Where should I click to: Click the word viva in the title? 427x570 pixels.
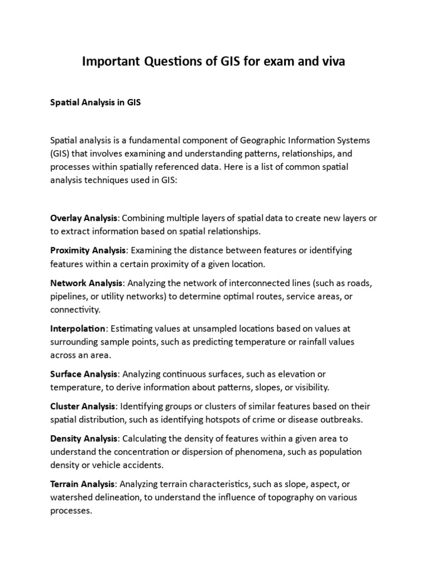(x=332, y=62)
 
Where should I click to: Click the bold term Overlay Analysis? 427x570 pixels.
(x=84, y=218)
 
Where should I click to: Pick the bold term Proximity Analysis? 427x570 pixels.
(x=88, y=250)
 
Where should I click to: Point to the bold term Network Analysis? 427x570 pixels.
(x=85, y=283)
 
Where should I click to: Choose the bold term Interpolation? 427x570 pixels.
(x=77, y=328)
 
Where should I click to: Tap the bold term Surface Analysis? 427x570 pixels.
(x=83, y=374)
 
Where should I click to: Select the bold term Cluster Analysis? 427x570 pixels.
(x=83, y=406)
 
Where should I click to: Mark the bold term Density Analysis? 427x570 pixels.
(x=83, y=439)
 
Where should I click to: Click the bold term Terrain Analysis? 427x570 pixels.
(x=83, y=484)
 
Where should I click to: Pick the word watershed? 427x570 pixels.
(x=72, y=497)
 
